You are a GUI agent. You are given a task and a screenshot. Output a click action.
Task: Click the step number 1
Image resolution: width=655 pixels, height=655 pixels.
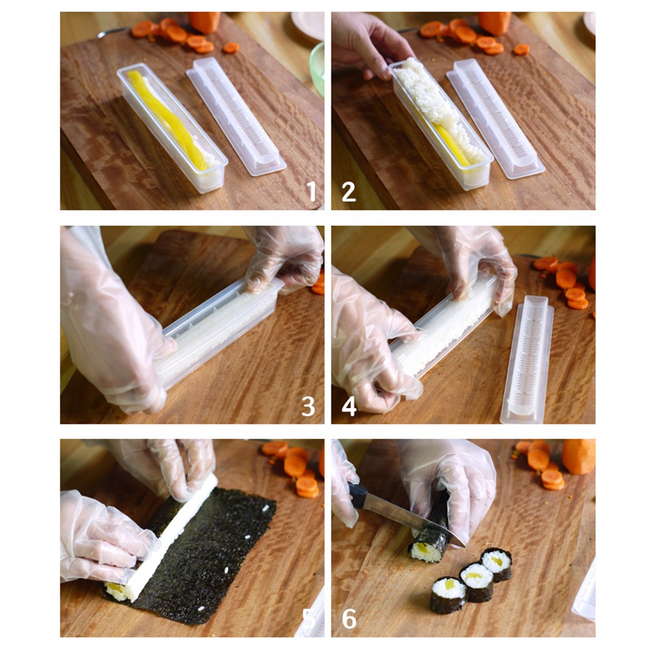coord(311,191)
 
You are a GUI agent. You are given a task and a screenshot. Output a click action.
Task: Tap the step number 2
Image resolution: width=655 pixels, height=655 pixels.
coord(348,191)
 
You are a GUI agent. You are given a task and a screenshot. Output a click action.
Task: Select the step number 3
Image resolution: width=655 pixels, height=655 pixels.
coord(308,406)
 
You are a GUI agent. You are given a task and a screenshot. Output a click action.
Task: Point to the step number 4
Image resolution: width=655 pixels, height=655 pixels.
coord(349,406)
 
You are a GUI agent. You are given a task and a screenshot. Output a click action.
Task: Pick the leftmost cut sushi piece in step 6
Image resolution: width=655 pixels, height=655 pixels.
coord(449,593)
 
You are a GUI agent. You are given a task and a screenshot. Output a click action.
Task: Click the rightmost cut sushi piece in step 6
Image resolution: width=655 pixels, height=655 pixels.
coord(496,563)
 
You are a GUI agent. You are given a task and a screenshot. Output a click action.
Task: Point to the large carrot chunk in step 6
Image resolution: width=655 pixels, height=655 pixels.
coord(578,456)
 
